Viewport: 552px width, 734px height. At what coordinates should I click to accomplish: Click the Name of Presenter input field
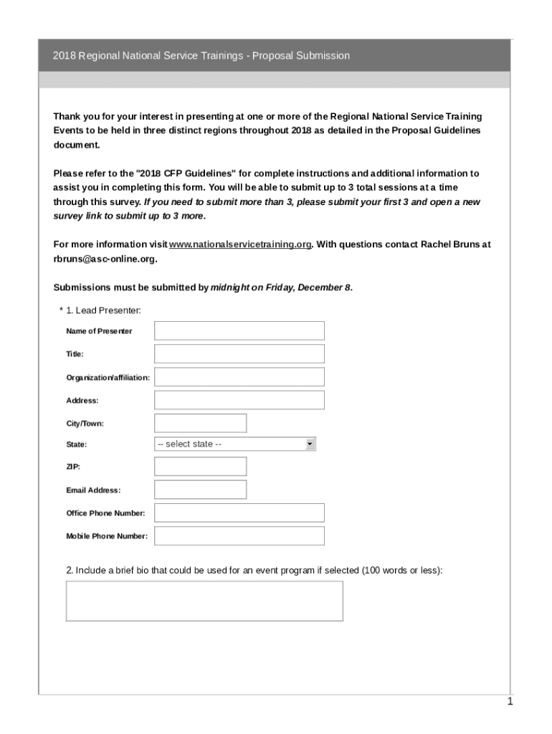coord(239,330)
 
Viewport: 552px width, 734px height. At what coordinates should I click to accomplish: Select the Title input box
coord(239,353)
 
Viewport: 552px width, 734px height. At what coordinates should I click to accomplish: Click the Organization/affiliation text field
coord(239,377)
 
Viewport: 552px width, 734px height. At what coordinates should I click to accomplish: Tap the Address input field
coord(239,400)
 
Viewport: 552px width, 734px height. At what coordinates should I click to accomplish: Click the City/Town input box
coord(200,423)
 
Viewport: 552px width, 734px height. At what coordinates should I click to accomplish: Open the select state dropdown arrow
coord(310,444)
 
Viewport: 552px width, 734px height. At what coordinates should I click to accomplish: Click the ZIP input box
coord(200,467)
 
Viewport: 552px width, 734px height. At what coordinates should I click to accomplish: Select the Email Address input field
coord(200,490)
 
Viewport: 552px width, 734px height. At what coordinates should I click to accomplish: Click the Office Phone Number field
coord(239,513)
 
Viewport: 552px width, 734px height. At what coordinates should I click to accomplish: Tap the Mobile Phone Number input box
coord(239,535)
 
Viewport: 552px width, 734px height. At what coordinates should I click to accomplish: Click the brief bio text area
coord(204,601)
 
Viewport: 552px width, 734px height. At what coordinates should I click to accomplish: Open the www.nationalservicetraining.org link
coord(240,244)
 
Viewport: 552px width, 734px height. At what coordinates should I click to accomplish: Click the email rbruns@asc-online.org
coord(104,259)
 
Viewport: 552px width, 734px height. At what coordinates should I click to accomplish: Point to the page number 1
coord(510,702)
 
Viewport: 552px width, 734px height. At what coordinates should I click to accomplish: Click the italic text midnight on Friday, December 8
coord(281,287)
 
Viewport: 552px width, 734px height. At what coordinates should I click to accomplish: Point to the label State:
coord(77,444)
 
